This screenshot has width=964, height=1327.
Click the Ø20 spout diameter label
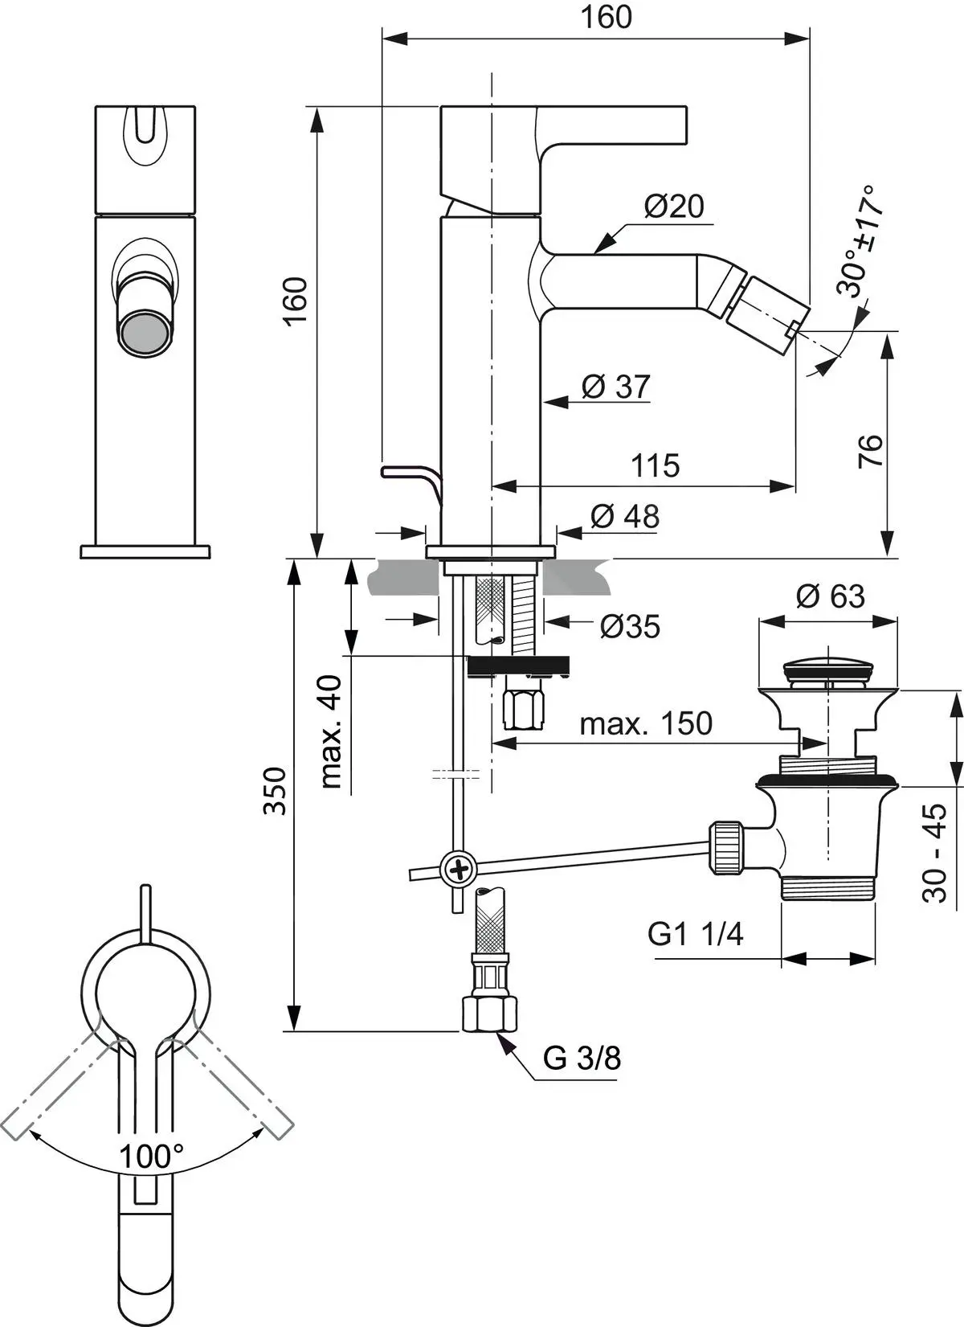pyautogui.click(x=673, y=207)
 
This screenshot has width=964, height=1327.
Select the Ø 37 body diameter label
pyautogui.click(x=615, y=387)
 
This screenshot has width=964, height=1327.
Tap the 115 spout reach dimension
pyautogui.click(x=655, y=465)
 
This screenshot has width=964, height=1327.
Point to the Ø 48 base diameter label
pyautogui.click(x=624, y=516)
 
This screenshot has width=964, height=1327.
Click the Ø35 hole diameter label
pyautogui.click(x=629, y=626)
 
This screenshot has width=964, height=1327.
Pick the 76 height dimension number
pyautogui.click(x=871, y=451)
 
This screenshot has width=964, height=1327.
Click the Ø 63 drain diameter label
pyautogui.click(x=830, y=596)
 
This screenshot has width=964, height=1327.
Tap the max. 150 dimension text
pyautogui.click(x=646, y=723)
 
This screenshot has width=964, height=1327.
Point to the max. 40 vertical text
pyautogui.click(x=331, y=731)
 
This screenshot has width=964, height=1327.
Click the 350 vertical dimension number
pyautogui.click(x=275, y=791)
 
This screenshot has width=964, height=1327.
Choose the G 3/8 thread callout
pyautogui.click(x=582, y=1058)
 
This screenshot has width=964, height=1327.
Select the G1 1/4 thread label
pyautogui.click(x=695, y=934)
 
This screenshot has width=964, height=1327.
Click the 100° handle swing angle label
pyautogui.click(x=151, y=1156)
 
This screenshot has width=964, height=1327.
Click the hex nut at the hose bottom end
pyautogui.click(x=489, y=1014)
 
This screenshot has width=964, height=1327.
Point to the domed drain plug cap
pyautogui.click(x=827, y=666)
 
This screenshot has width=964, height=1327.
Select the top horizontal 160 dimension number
pyautogui.click(x=607, y=17)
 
